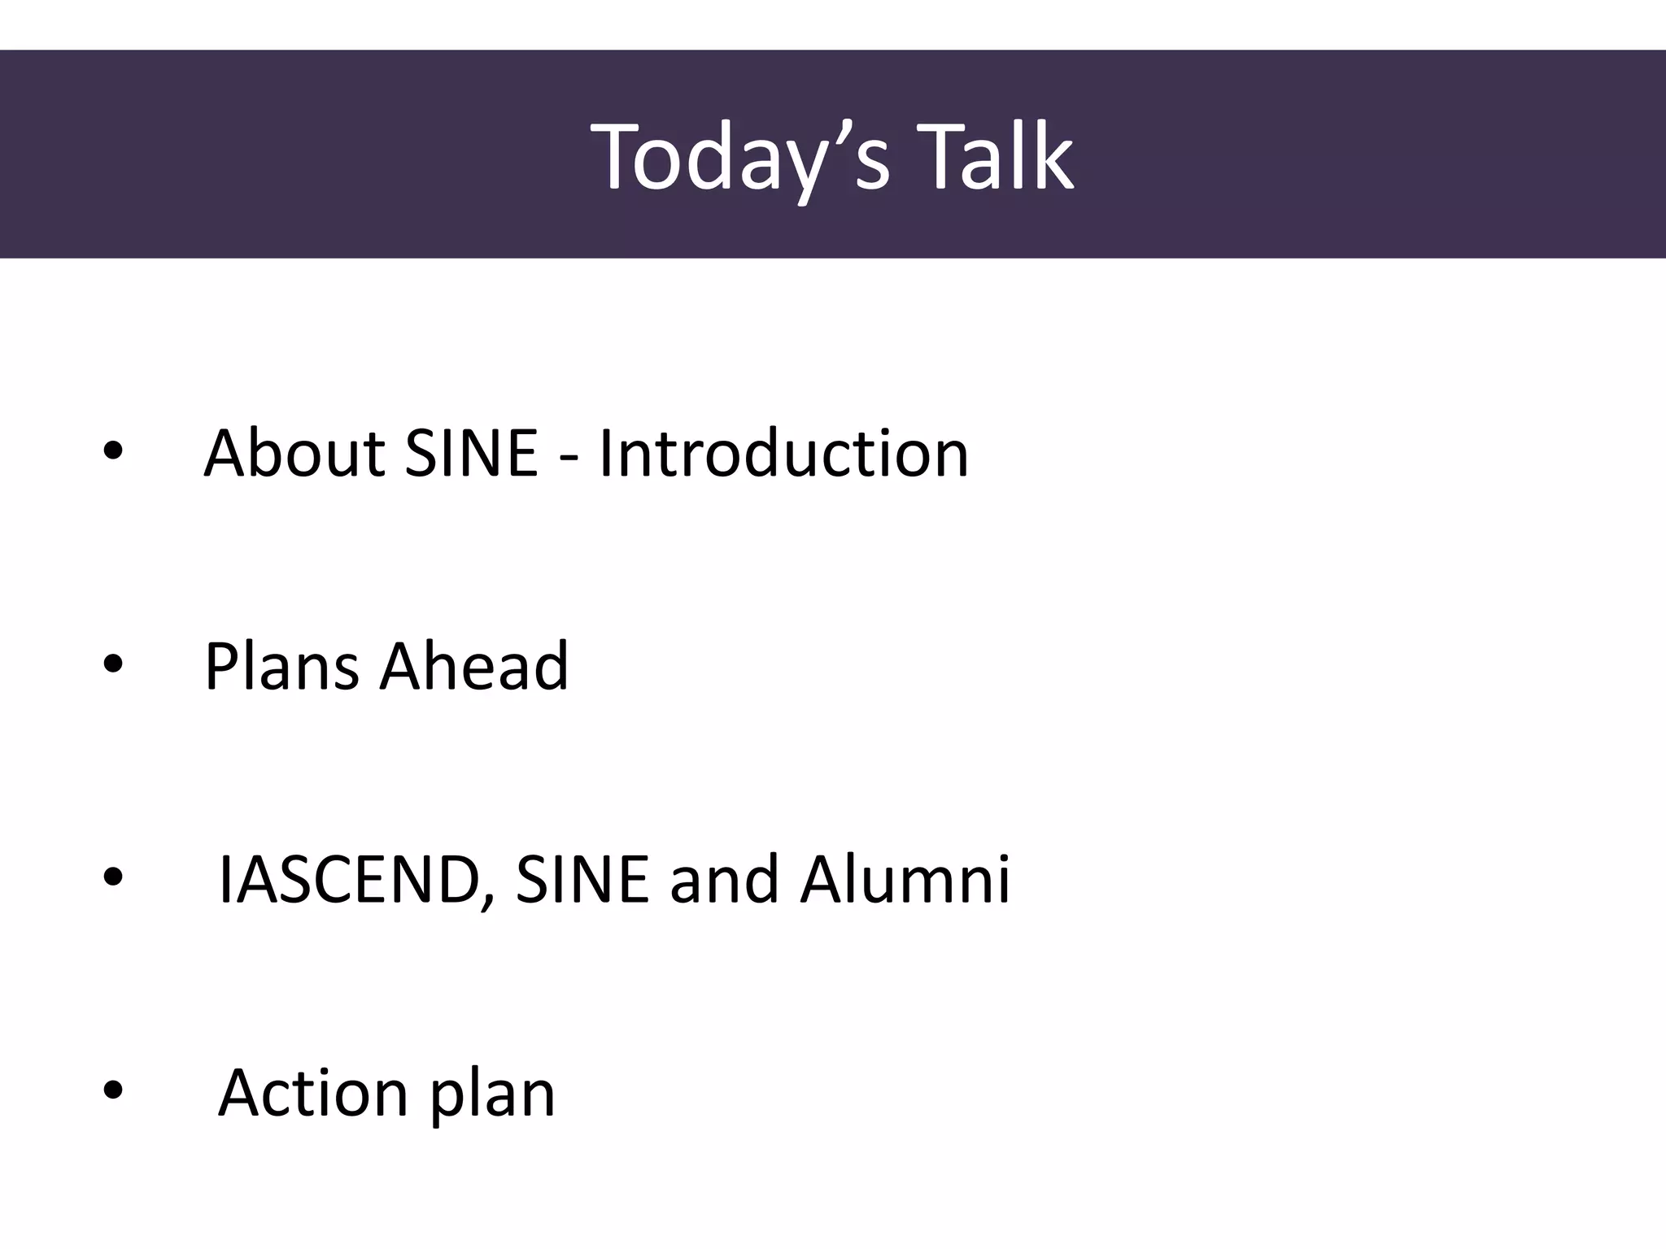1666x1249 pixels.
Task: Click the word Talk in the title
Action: point(999,156)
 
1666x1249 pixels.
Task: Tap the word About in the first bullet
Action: point(294,453)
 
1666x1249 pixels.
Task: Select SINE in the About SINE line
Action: point(471,453)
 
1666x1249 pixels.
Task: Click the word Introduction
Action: point(783,453)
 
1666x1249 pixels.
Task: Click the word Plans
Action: point(281,666)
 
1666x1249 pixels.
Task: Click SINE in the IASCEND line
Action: point(582,879)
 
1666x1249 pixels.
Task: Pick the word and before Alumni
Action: point(724,879)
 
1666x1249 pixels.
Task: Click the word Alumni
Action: point(905,879)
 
